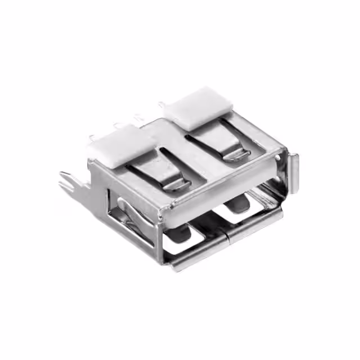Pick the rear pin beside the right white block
point(161,105)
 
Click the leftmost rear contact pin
point(91,138)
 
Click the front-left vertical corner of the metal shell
point(161,236)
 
